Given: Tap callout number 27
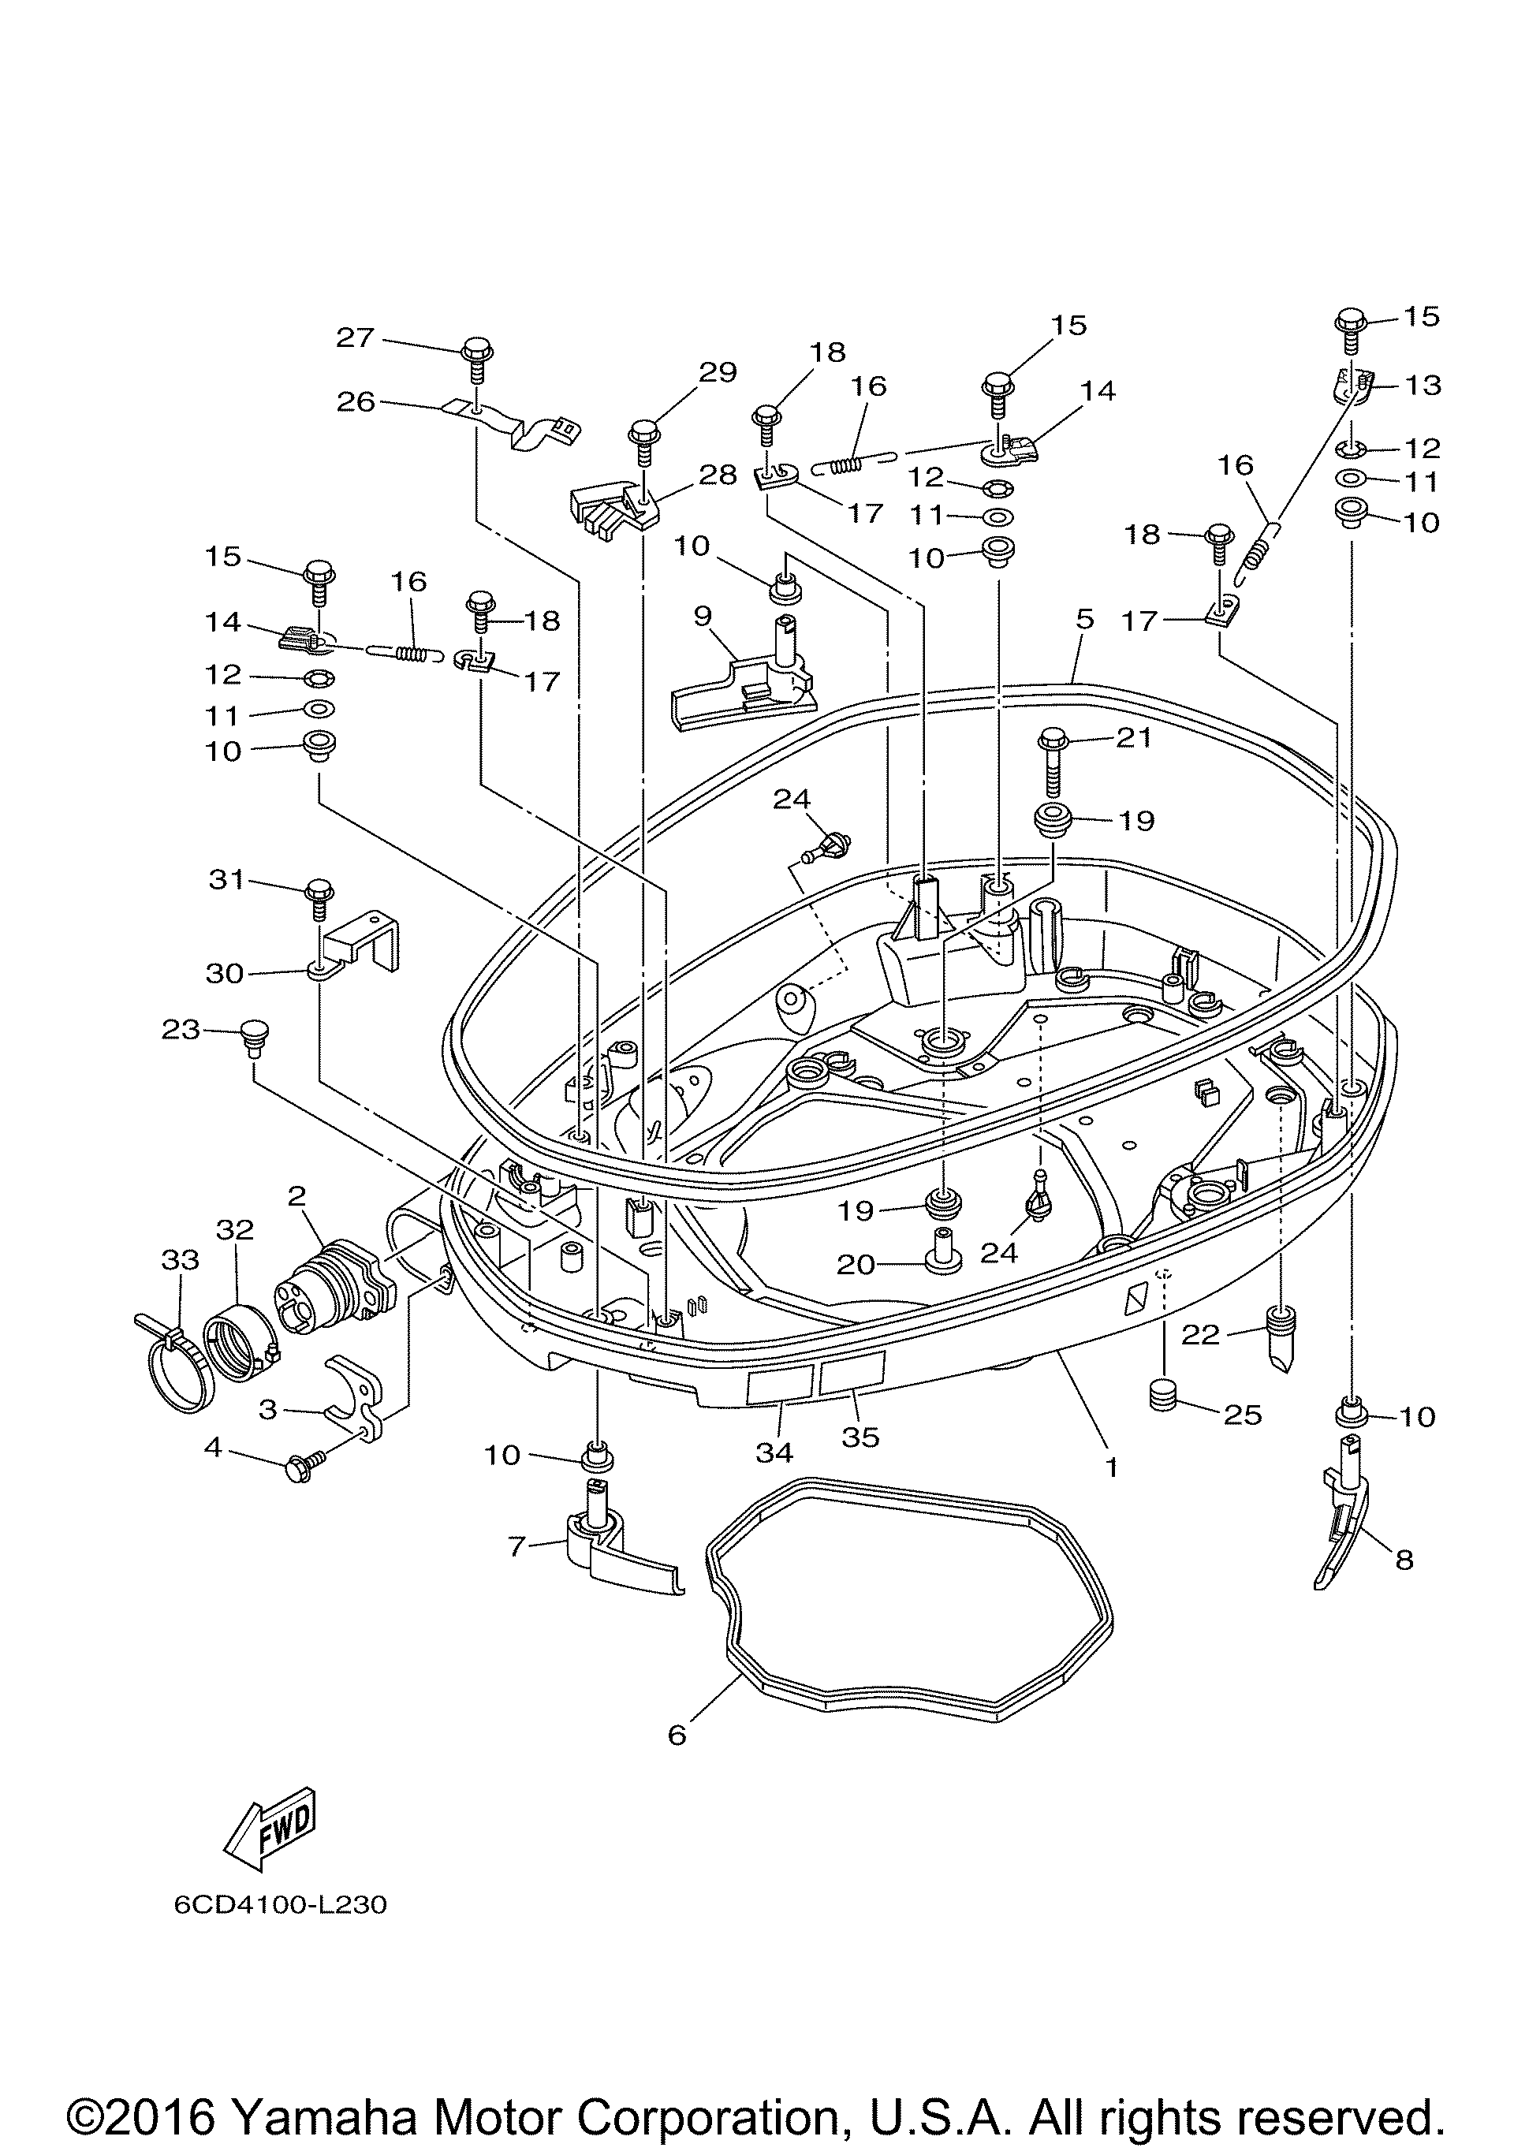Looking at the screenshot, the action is click(x=356, y=338).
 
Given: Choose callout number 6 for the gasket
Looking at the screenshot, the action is click(x=677, y=1735).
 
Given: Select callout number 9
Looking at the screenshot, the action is click(x=702, y=616).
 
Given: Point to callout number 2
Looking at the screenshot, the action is click(x=296, y=1195).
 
